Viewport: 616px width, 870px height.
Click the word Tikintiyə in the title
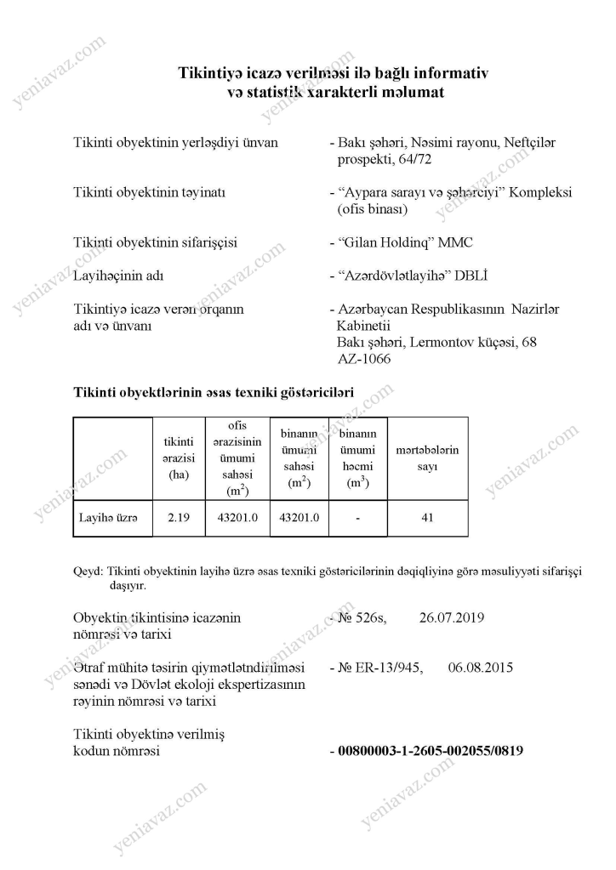click(x=209, y=74)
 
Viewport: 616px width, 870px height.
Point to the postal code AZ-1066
click(x=365, y=359)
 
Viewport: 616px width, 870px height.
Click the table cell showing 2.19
click(x=179, y=518)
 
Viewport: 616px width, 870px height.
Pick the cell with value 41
click(x=428, y=518)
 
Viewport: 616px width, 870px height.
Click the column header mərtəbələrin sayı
click(x=428, y=458)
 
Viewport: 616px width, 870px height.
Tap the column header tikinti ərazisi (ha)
click(x=179, y=458)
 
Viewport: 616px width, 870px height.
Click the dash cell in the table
click(x=358, y=518)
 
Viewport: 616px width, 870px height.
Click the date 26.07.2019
click(x=452, y=618)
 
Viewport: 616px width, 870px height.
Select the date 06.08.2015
click(x=480, y=668)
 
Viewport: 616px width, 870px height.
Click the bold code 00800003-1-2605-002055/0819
click(x=431, y=751)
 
